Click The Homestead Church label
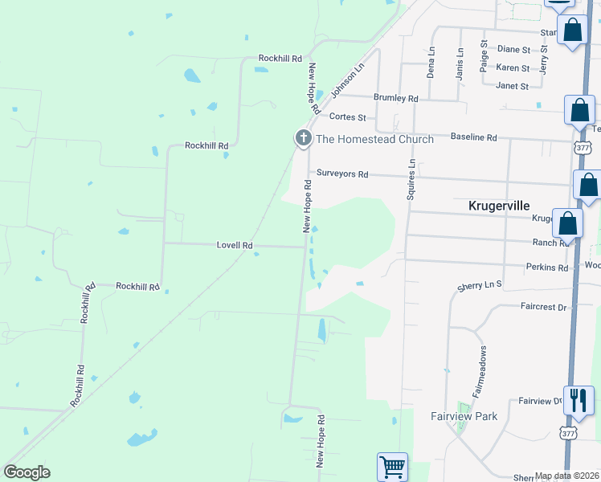374,139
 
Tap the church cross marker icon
303,138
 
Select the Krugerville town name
502,206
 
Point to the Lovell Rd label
235,245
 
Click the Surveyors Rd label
342,174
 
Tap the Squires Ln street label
411,178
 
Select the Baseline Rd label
474,137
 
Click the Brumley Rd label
396,98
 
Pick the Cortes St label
348,117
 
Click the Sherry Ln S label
479,284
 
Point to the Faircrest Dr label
543,306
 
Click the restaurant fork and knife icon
579,398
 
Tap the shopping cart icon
392,466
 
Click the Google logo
27,472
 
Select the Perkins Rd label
547,267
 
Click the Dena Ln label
431,62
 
